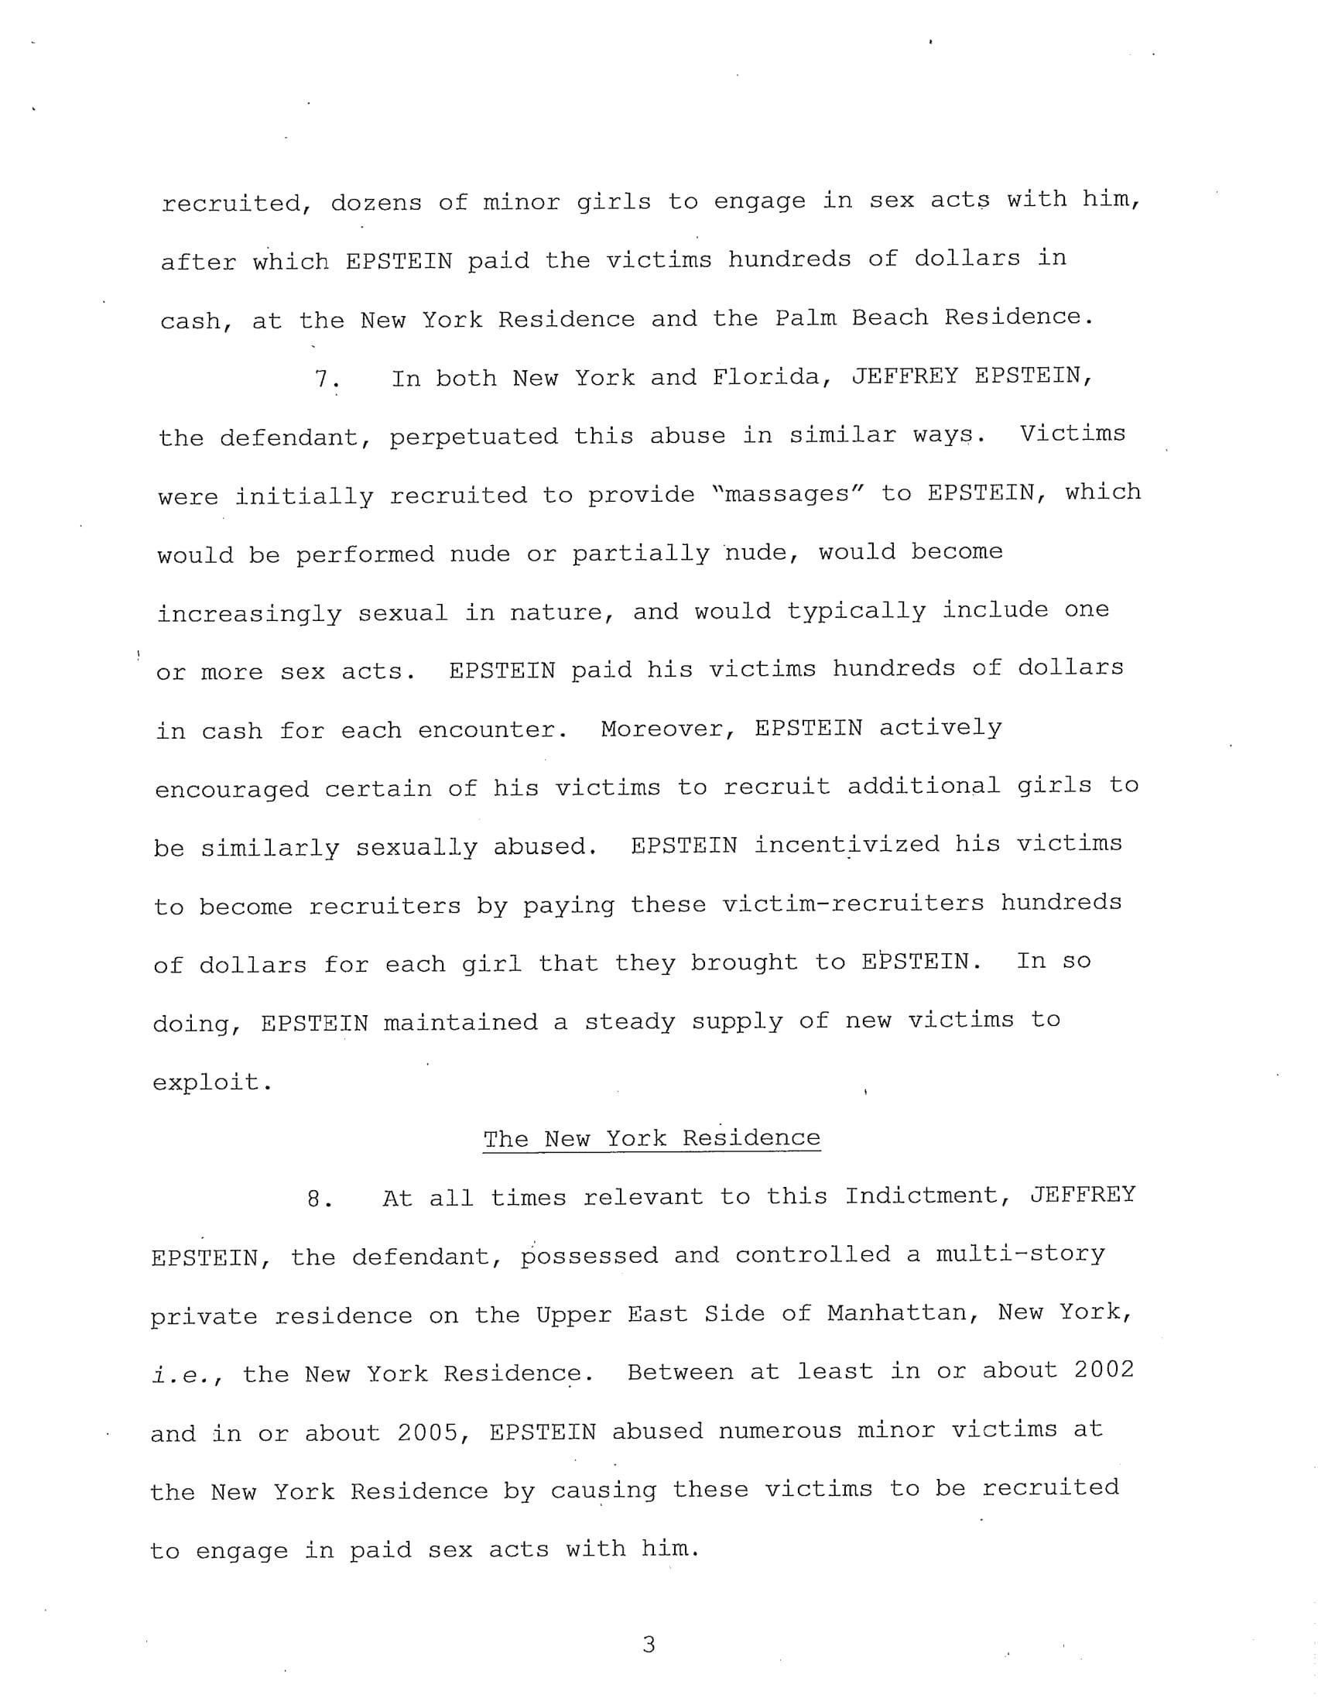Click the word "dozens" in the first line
tap(376, 202)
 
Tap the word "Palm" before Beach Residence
tap(805, 317)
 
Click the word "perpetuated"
tap(474, 437)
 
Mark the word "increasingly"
tap(249, 613)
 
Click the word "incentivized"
tap(847, 845)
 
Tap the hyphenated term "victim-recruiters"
tap(853, 904)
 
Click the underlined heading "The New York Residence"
tap(652, 1138)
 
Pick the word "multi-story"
tap(1020, 1254)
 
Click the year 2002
tap(1104, 1370)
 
